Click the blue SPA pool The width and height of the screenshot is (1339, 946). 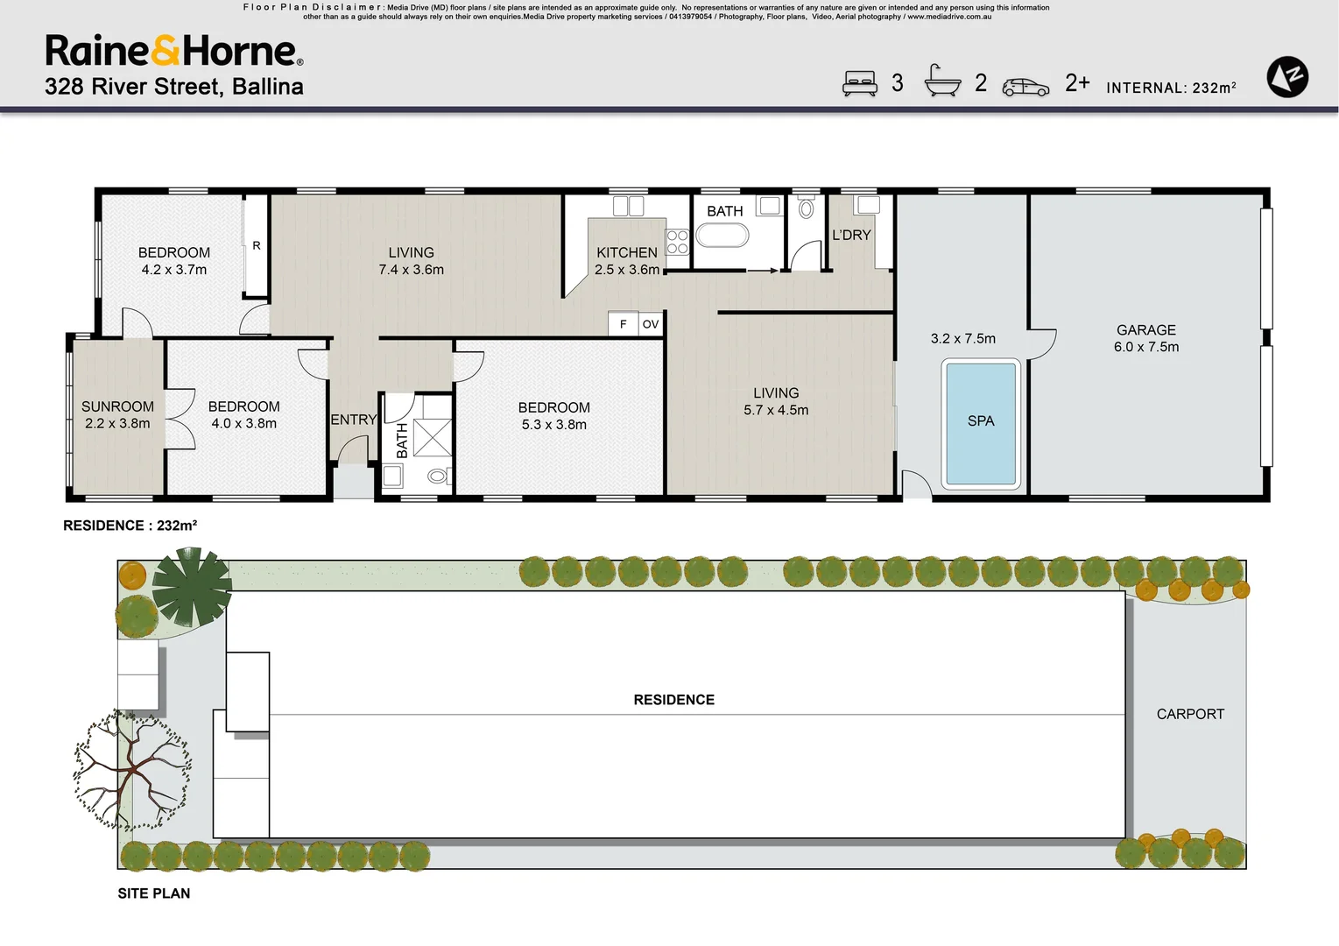(x=981, y=423)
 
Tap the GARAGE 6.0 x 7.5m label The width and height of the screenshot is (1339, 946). (x=1145, y=338)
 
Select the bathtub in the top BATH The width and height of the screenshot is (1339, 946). (x=722, y=236)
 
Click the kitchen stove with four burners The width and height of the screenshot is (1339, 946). (x=678, y=242)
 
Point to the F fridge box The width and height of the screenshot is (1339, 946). (x=623, y=324)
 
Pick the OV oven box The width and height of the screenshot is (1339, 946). (x=650, y=324)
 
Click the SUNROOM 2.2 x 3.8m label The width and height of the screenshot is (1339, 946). (x=117, y=414)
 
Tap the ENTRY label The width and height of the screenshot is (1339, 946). (x=353, y=420)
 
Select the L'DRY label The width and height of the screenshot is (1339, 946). (x=851, y=235)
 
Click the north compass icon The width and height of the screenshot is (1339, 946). (x=1287, y=77)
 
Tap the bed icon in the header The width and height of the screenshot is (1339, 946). (x=859, y=83)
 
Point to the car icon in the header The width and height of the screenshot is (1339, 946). (x=1025, y=87)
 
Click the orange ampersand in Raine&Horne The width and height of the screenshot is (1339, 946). (x=166, y=52)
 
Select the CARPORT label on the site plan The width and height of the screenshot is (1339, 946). (x=1190, y=714)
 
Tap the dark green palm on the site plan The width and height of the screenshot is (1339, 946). (x=192, y=586)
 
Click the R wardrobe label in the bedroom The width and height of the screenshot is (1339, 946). (x=257, y=245)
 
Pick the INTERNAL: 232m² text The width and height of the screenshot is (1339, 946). (x=1171, y=88)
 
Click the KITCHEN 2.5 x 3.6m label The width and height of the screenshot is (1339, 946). (x=627, y=261)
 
